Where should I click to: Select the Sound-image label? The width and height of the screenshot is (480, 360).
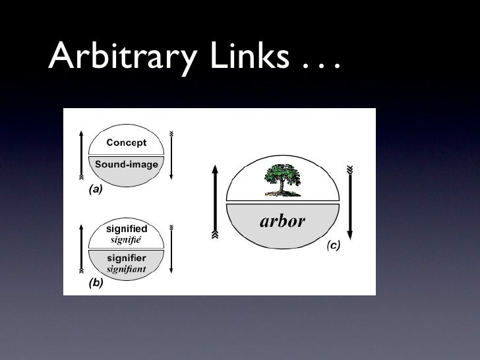coord(127,164)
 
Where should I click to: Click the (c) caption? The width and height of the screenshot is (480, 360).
coord(333,246)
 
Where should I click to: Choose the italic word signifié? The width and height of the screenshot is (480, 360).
coord(125,239)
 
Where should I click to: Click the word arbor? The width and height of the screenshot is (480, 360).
coord(282,220)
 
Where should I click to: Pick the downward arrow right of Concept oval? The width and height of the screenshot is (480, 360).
coord(171,155)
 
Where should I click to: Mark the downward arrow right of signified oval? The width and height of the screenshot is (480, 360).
coord(171,250)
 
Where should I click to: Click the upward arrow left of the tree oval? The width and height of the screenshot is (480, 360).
coord(215,201)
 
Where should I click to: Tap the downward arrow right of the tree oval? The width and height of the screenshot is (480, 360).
coord(350,201)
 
